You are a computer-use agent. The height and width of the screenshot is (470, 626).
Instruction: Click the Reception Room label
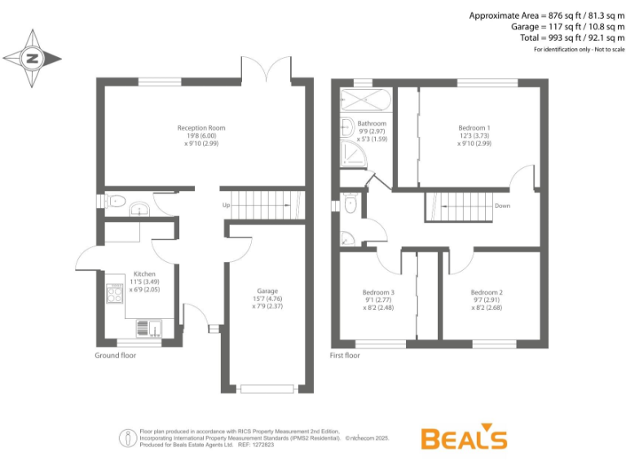201,128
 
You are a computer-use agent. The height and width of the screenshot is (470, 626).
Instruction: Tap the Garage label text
268,291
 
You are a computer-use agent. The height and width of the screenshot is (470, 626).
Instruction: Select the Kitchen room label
144,274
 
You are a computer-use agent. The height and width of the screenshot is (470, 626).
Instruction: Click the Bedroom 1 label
474,128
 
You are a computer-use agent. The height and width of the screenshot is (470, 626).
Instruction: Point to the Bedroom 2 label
487,292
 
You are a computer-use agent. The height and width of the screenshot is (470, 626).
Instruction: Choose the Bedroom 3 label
378,292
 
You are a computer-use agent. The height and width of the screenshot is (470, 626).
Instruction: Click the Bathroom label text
372,123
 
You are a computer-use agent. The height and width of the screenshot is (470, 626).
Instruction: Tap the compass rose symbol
33,59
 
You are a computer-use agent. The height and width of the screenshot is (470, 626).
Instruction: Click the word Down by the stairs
502,206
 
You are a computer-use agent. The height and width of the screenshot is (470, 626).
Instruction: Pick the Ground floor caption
116,356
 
